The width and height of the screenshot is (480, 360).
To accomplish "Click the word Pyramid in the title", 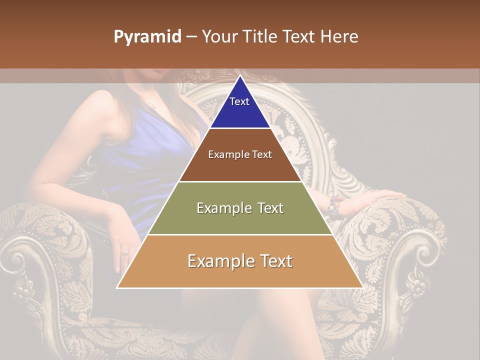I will click(x=147, y=37).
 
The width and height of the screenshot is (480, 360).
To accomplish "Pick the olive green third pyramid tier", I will click(x=240, y=220).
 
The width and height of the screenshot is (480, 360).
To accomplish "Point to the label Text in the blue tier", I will click(x=239, y=101).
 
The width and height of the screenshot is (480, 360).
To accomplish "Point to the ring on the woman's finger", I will click(x=124, y=254).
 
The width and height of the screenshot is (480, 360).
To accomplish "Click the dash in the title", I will click(x=191, y=37).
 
